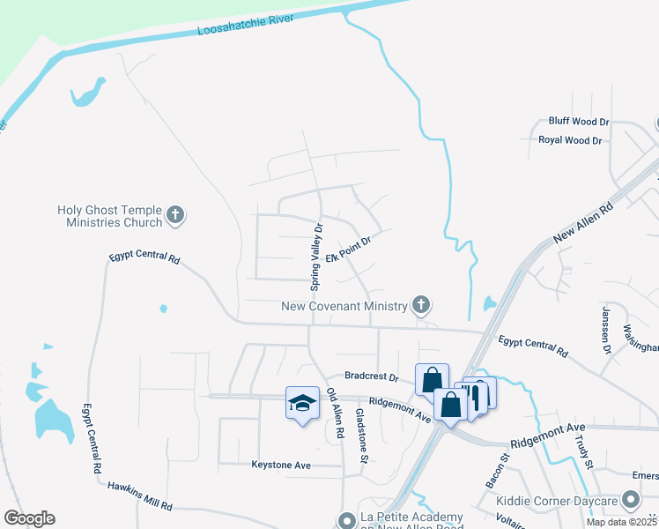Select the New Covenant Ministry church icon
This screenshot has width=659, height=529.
pyautogui.click(x=421, y=306)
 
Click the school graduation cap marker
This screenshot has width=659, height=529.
pyautogui.click(x=302, y=403)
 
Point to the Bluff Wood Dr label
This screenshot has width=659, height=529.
pyautogui.click(x=579, y=121)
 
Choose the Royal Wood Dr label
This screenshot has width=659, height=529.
pyautogui.click(x=570, y=140)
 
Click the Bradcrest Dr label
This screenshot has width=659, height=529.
pyautogui.click(x=373, y=376)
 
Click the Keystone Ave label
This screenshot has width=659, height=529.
pyautogui.click(x=281, y=465)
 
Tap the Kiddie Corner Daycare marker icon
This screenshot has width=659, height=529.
pyautogui.click(x=629, y=501)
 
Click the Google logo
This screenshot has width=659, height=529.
pyautogui.click(x=29, y=518)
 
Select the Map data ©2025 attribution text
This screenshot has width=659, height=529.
pyautogui.click(x=622, y=522)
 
